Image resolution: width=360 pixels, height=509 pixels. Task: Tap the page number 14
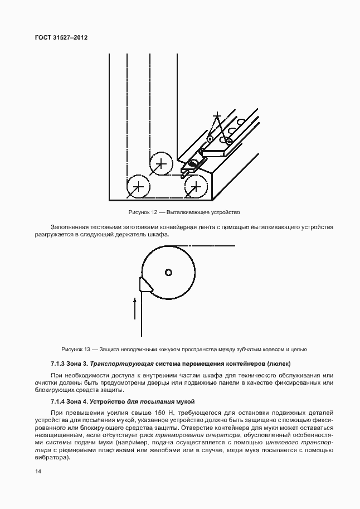pyautogui.click(x=38, y=471)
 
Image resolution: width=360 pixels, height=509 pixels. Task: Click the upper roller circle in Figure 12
pyautogui.click(x=161, y=163)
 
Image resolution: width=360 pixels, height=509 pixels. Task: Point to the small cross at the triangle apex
pyautogui.click(x=217, y=115)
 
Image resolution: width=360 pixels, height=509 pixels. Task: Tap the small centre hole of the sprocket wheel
pyautogui.click(x=168, y=272)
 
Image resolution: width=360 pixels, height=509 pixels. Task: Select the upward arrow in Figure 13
pyautogui.click(x=134, y=308)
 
